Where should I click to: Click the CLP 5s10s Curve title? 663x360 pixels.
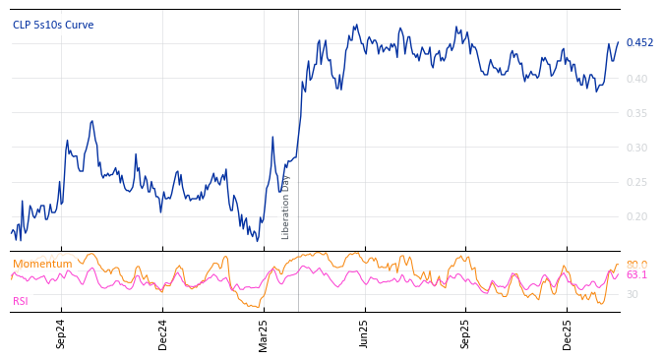point(53,25)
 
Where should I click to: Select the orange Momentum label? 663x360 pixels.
point(42,264)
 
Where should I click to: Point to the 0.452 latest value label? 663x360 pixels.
point(639,42)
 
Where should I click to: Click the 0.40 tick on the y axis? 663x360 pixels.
point(636,79)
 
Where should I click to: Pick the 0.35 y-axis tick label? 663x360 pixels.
point(636,113)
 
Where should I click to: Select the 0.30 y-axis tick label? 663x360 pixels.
point(636,148)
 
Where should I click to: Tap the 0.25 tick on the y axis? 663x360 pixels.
point(636,182)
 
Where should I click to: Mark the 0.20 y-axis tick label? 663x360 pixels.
point(636,216)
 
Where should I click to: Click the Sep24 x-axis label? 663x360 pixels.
point(61,334)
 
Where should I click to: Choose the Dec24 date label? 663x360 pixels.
point(162,334)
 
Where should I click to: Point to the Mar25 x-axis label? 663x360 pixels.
point(263,334)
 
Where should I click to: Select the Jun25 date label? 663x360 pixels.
point(364,334)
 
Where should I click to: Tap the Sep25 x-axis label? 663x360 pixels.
point(465,334)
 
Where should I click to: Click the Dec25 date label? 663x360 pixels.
point(567,334)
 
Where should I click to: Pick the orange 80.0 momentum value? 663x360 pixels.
point(636,265)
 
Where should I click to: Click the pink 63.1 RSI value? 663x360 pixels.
point(636,275)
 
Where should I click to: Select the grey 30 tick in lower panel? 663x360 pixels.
point(632,294)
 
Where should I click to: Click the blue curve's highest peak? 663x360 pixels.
point(355,26)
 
